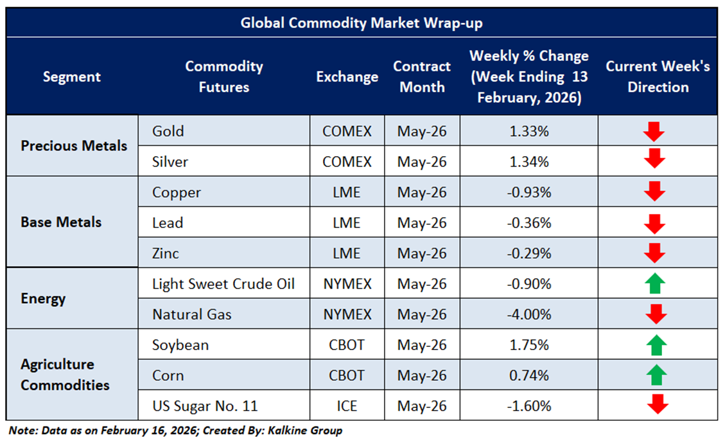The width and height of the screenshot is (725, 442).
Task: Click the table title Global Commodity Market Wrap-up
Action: click(362, 23)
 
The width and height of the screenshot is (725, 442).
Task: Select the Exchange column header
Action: click(347, 77)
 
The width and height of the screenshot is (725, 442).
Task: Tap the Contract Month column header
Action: click(422, 77)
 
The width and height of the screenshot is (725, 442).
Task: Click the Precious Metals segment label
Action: click(74, 146)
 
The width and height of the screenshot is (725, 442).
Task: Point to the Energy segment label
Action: click(43, 299)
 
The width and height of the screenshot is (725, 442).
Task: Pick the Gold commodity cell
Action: click(168, 131)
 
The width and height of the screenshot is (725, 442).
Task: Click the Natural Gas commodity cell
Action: click(192, 314)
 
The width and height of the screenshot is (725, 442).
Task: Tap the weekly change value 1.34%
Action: click(529, 161)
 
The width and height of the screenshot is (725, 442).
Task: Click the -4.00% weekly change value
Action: click(529, 314)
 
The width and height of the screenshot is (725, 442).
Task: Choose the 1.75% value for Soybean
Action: click(529, 345)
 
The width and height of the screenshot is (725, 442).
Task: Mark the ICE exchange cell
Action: click(347, 406)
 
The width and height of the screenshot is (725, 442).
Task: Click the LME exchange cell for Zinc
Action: click(347, 253)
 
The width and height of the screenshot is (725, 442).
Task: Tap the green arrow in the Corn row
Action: click(656, 375)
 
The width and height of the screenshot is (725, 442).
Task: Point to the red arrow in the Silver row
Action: click(654, 158)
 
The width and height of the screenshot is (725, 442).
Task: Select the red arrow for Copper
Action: click(654, 191)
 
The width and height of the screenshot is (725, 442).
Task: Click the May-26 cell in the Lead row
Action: click(422, 223)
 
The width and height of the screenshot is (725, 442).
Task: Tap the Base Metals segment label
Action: click(61, 222)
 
